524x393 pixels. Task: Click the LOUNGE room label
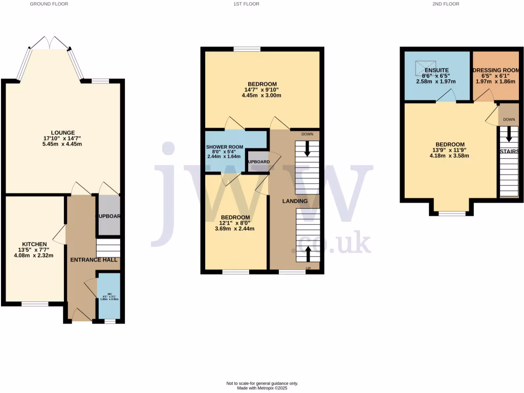point(63,133)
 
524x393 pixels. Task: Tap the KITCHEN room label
point(35,244)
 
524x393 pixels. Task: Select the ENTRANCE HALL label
point(91,260)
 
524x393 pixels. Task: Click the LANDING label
point(295,201)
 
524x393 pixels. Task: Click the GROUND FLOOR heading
point(49,4)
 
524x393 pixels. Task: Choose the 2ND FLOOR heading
point(446,4)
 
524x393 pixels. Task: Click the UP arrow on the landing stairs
point(308,253)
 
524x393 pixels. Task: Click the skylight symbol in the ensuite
point(424,67)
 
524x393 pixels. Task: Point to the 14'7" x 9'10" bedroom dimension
point(262,90)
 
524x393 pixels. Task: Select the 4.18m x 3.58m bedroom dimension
point(450,156)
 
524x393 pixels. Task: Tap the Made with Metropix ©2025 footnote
point(262,388)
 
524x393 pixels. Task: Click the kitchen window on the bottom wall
point(35,304)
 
